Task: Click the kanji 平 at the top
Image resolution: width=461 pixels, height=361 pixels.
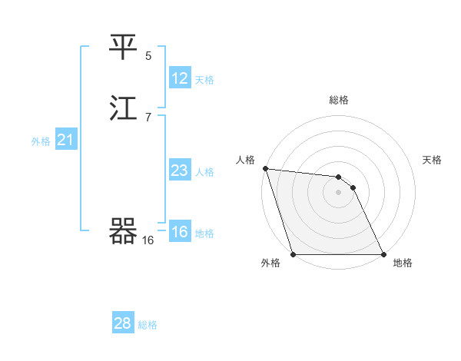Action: [124, 48]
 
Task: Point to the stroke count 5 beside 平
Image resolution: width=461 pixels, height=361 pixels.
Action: [148, 55]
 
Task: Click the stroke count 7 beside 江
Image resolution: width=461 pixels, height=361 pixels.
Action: [148, 117]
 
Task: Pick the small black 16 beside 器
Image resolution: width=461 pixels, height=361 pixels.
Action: [148, 240]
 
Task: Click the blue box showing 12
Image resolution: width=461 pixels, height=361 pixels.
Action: [180, 78]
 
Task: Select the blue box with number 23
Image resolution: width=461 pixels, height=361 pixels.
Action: [180, 171]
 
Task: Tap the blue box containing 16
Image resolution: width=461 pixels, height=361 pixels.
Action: [180, 232]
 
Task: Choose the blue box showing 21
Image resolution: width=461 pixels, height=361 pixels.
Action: [65, 140]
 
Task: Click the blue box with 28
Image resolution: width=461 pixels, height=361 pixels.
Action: [123, 323]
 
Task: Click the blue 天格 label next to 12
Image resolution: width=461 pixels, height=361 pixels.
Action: [204, 80]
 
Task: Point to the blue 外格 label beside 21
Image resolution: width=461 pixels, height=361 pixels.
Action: [41, 141]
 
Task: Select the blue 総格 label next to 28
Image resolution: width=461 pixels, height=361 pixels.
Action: [148, 325]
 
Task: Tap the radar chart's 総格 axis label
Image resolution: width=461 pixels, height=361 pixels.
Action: [338, 100]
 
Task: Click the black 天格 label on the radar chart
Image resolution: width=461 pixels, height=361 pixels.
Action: [433, 160]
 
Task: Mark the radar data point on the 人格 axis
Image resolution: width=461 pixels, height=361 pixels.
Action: [265, 168]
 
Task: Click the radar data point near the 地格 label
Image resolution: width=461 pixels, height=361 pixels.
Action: [383, 253]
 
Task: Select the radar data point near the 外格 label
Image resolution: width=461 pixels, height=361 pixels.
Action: [294, 253]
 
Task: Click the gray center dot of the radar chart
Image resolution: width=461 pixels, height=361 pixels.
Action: [338, 192]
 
